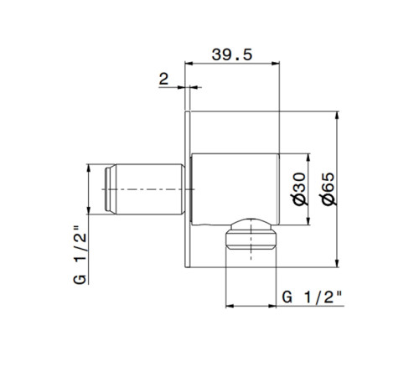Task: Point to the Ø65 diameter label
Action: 328,190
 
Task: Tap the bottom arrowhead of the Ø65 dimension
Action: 338,266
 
